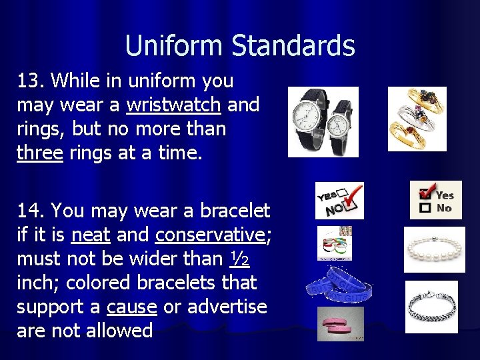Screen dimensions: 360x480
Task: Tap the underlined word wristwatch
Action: tap(173, 105)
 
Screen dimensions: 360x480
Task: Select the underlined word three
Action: tap(40, 152)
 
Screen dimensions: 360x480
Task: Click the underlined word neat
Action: tap(90, 235)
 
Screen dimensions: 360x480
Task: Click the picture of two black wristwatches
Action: tap(323, 122)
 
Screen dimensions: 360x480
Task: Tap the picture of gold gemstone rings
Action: tap(417, 119)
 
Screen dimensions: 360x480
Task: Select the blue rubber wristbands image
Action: tap(339, 284)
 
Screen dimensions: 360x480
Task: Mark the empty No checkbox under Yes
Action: tap(424, 209)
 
